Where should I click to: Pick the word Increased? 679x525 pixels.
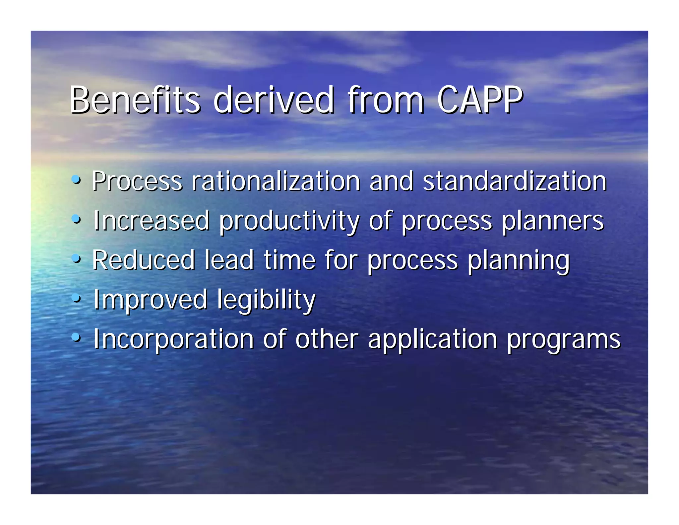[x=151, y=221]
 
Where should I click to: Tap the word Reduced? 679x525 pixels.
[x=143, y=260]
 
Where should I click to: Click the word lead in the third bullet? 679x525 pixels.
[x=229, y=260]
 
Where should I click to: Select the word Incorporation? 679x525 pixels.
[x=173, y=339]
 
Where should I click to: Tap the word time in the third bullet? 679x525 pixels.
[x=289, y=260]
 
